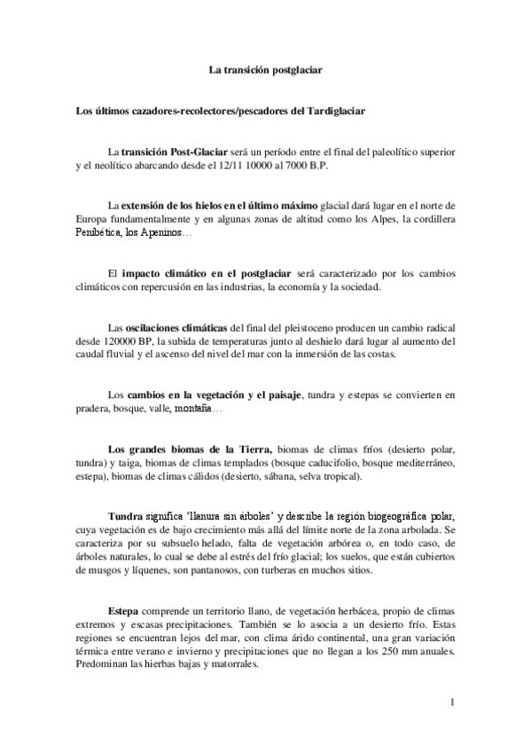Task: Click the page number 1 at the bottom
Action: [452, 706]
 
